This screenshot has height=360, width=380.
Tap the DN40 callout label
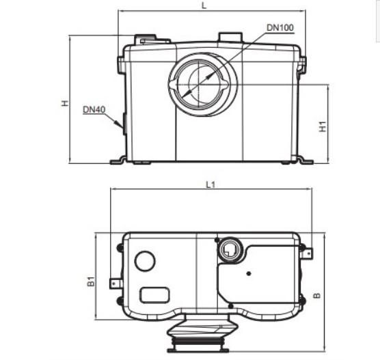[94, 109]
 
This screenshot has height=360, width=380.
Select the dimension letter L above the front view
[206, 5]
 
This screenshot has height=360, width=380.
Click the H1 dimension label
[323, 126]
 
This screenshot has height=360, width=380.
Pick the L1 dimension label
[211, 184]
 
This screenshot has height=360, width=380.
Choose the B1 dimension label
[90, 281]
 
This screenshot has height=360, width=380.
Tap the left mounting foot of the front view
[118, 161]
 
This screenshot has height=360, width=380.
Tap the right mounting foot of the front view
[303, 161]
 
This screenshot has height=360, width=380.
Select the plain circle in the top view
[145, 261]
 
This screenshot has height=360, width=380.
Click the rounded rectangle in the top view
[154, 295]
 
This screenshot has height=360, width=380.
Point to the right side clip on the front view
[301, 66]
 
